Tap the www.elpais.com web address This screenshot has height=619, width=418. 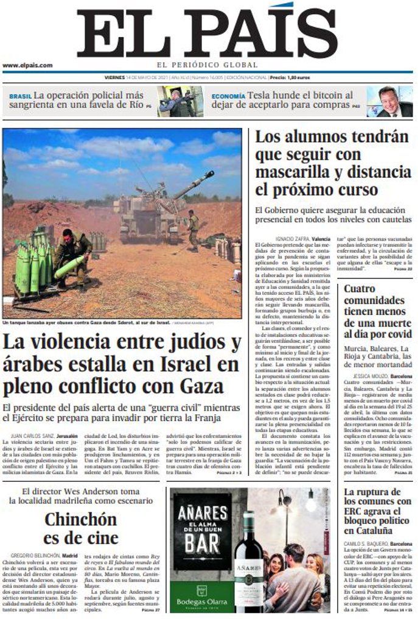coord(27,65)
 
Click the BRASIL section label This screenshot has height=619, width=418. coord(20,96)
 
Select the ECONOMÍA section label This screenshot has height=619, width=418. coord(228,96)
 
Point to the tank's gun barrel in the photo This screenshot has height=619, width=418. coord(193,185)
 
